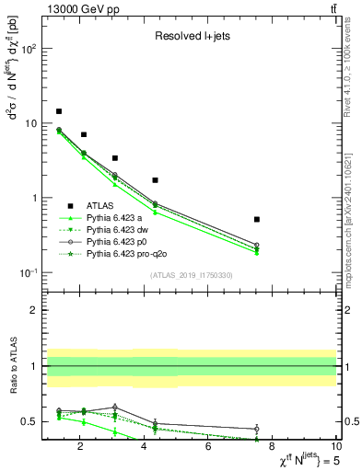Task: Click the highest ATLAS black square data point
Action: coord(59,111)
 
